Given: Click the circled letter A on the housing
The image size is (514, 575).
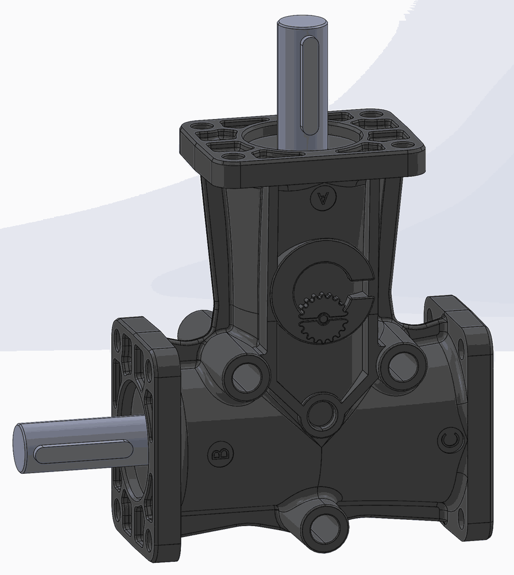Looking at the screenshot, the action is coord(322,198).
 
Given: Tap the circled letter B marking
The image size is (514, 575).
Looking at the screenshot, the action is coord(220,454).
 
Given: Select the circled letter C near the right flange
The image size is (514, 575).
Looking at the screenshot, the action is coord(450,440).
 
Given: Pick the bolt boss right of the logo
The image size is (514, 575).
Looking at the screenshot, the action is coord(400,363).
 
